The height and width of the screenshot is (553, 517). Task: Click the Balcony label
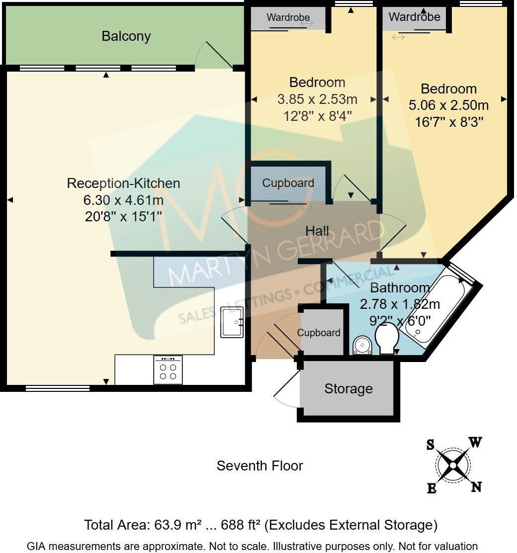[126, 36]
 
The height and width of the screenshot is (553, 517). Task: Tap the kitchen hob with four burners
[168, 370]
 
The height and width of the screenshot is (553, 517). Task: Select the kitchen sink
[231, 322]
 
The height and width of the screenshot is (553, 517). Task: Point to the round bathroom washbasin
[362, 346]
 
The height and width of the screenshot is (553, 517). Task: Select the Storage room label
[348, 388]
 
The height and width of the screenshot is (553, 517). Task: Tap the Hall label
[317, 231]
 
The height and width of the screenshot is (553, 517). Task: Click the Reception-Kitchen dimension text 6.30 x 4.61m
[123, 200]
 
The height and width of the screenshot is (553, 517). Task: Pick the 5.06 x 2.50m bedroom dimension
[448, 105]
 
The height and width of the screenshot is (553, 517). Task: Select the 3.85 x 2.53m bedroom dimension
[317, 99]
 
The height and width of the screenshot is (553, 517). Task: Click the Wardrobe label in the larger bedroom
[414, 17]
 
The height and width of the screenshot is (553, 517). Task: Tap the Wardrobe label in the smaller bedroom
[288, 17]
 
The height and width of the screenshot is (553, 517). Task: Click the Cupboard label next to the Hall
[288, 183]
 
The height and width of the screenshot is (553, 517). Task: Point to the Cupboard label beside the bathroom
[319, 333]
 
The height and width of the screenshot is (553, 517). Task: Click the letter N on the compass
[476, 487]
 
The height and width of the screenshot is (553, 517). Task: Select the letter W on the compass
[475, 442]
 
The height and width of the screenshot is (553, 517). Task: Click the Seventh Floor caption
[259, 466]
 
